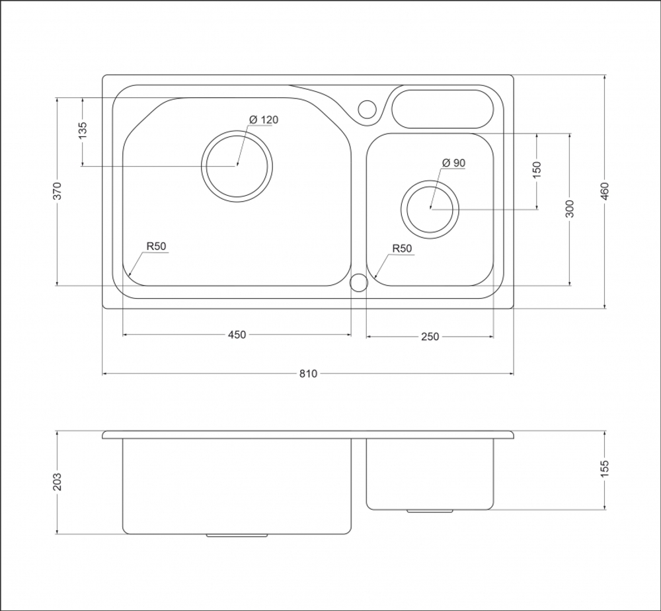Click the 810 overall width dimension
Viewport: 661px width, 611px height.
click(308, 374)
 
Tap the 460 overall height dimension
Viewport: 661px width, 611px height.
click(605, 192)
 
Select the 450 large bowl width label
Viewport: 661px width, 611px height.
click(237, 335)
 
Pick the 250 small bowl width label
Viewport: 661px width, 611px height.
click(430, 337)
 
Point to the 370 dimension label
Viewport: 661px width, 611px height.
click(58, 191)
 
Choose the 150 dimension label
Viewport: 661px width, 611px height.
click(537, 171)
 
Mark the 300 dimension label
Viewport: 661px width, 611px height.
click(570, 209)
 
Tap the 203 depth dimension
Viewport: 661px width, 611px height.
click(58, 482)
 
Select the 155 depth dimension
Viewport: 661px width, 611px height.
click(605, 469)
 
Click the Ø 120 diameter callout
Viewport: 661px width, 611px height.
click(264, 120)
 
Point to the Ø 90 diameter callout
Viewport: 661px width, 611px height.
click(453, 163)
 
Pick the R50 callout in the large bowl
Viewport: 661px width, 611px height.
click(157, 246)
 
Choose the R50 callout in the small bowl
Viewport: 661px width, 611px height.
click(402, 249)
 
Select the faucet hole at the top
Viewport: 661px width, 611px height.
click(367, 101)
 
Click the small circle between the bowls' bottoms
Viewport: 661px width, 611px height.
click(359, 274)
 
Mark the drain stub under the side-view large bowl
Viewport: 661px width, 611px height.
click(237, 536)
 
